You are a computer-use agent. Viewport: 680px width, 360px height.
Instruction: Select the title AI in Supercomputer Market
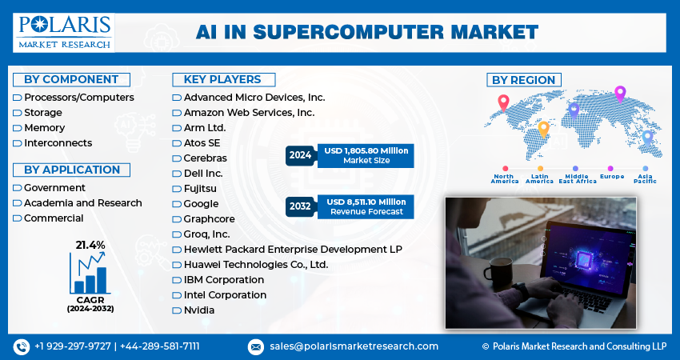click(x=367, y=33)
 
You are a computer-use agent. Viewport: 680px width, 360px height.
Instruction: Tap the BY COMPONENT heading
click(x=71, y=79)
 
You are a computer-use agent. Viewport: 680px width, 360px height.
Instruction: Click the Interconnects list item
click(x=58, y=143)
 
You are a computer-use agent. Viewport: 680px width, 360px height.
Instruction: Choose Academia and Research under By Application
click(x=82, y=203)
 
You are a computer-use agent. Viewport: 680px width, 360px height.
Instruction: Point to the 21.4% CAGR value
click(x=90, y=244)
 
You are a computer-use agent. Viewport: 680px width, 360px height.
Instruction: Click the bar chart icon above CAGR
click(x=90, y=274)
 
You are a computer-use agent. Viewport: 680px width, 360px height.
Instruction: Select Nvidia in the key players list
click(x=198, y=310)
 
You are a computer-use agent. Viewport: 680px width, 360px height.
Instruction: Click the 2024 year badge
click(x=301, y=155)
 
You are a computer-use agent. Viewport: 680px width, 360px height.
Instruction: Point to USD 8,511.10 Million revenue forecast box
click(x=366, y=206)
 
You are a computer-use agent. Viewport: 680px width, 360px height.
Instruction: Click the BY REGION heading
click(x=524, y=80)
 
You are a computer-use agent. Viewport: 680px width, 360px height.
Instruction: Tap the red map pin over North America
click(x=503, y=102)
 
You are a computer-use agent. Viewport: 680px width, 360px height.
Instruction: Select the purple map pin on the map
click(x=619, y=94)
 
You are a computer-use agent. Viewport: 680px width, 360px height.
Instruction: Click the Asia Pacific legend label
click(x=646, y=178)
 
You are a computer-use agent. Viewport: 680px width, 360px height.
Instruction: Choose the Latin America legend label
click(x=539, y=178)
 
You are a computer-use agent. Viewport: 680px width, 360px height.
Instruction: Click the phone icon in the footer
click(x=21, y=346)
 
